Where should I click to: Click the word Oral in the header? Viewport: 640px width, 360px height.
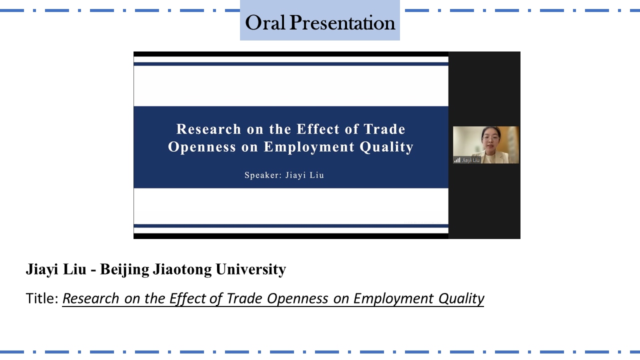[265, 22]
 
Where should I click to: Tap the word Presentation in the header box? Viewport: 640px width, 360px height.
[342, 22]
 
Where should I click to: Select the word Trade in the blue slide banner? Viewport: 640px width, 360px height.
[384, 129]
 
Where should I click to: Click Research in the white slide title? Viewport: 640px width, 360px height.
[209, 129]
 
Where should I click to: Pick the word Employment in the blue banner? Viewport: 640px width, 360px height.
[309, 147]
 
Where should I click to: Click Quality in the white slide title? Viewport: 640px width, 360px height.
[386, 147]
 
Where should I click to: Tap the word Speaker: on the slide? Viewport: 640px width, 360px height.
[263, 175]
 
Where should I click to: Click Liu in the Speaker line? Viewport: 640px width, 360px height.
[316, 175]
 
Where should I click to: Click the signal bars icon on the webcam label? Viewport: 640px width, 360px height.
[457, 160]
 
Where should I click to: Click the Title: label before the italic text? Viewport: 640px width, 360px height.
[42, 298]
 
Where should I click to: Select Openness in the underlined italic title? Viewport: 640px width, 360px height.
[297, 299]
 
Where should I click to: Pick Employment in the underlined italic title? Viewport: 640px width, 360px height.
[393, 299]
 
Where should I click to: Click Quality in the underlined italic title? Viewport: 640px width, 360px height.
[461, 299]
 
